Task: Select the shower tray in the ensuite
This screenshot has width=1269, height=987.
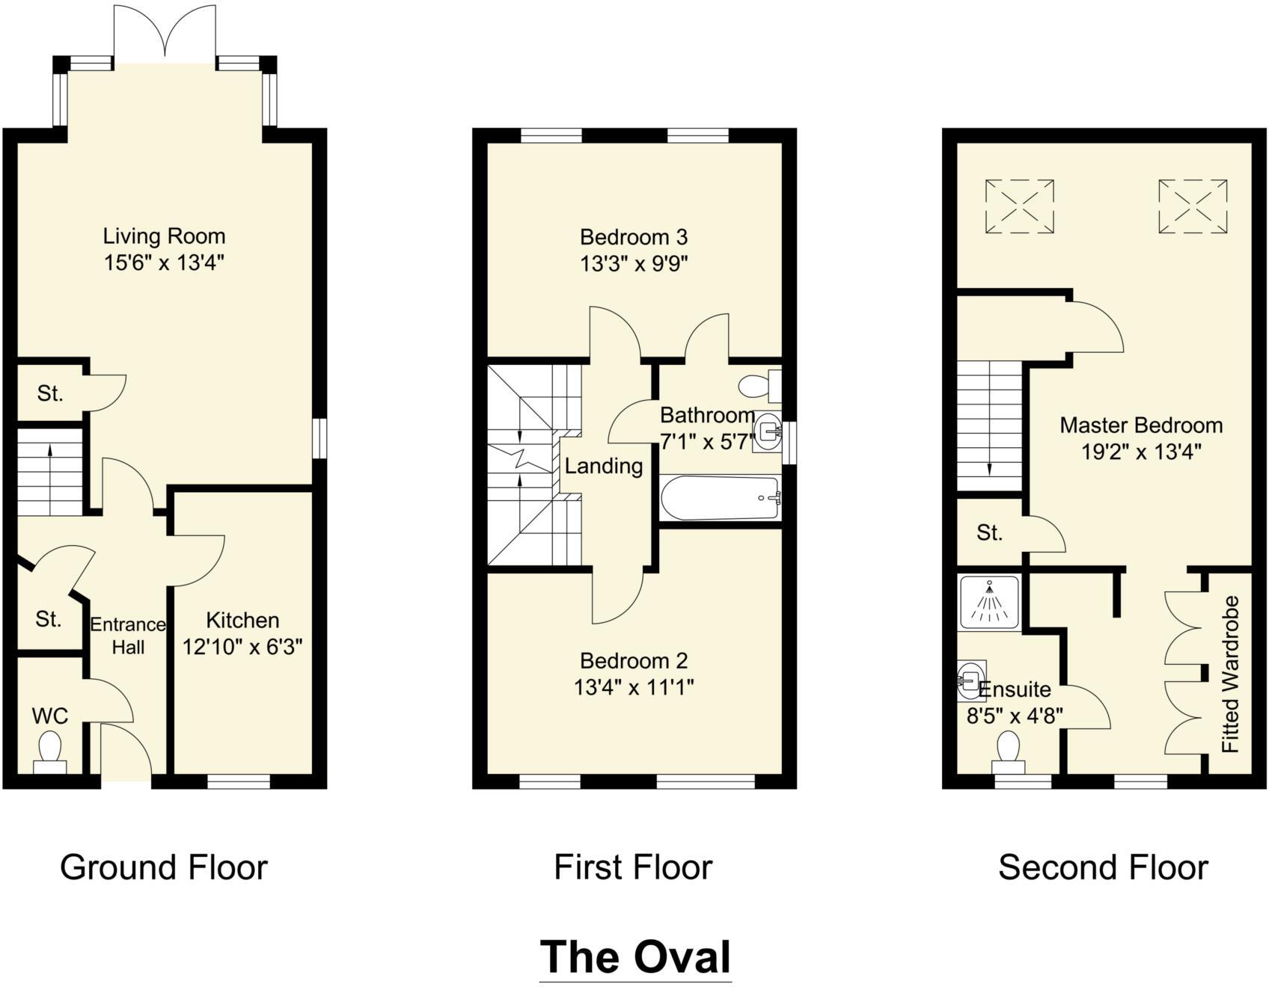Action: click(989, 602)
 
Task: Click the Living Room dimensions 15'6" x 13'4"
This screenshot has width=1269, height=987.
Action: click(165, 262)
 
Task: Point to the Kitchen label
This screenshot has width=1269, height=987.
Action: click(242, 620)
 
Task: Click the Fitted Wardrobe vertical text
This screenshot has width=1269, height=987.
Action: click(1230, 674)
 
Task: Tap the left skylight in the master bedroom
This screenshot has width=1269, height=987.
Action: click(1019, 206)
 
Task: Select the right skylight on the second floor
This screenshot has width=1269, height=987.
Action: click(1192, 206)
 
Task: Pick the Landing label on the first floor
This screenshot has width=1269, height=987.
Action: click(603, 466)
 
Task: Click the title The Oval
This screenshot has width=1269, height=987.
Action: click(634, 956)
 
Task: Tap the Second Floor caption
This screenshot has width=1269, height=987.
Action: click(1102, 867)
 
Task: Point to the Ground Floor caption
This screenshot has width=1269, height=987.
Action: click(163, 867)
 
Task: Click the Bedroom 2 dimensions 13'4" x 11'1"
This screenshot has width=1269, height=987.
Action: click(634, 686)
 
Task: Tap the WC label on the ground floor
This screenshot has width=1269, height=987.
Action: click(50, 716)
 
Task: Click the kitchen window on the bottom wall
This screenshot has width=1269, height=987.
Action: click(238, 781)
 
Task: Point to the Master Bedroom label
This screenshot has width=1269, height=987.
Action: click(1140, 425)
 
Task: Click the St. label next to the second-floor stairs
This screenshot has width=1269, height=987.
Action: click(989, 532)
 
